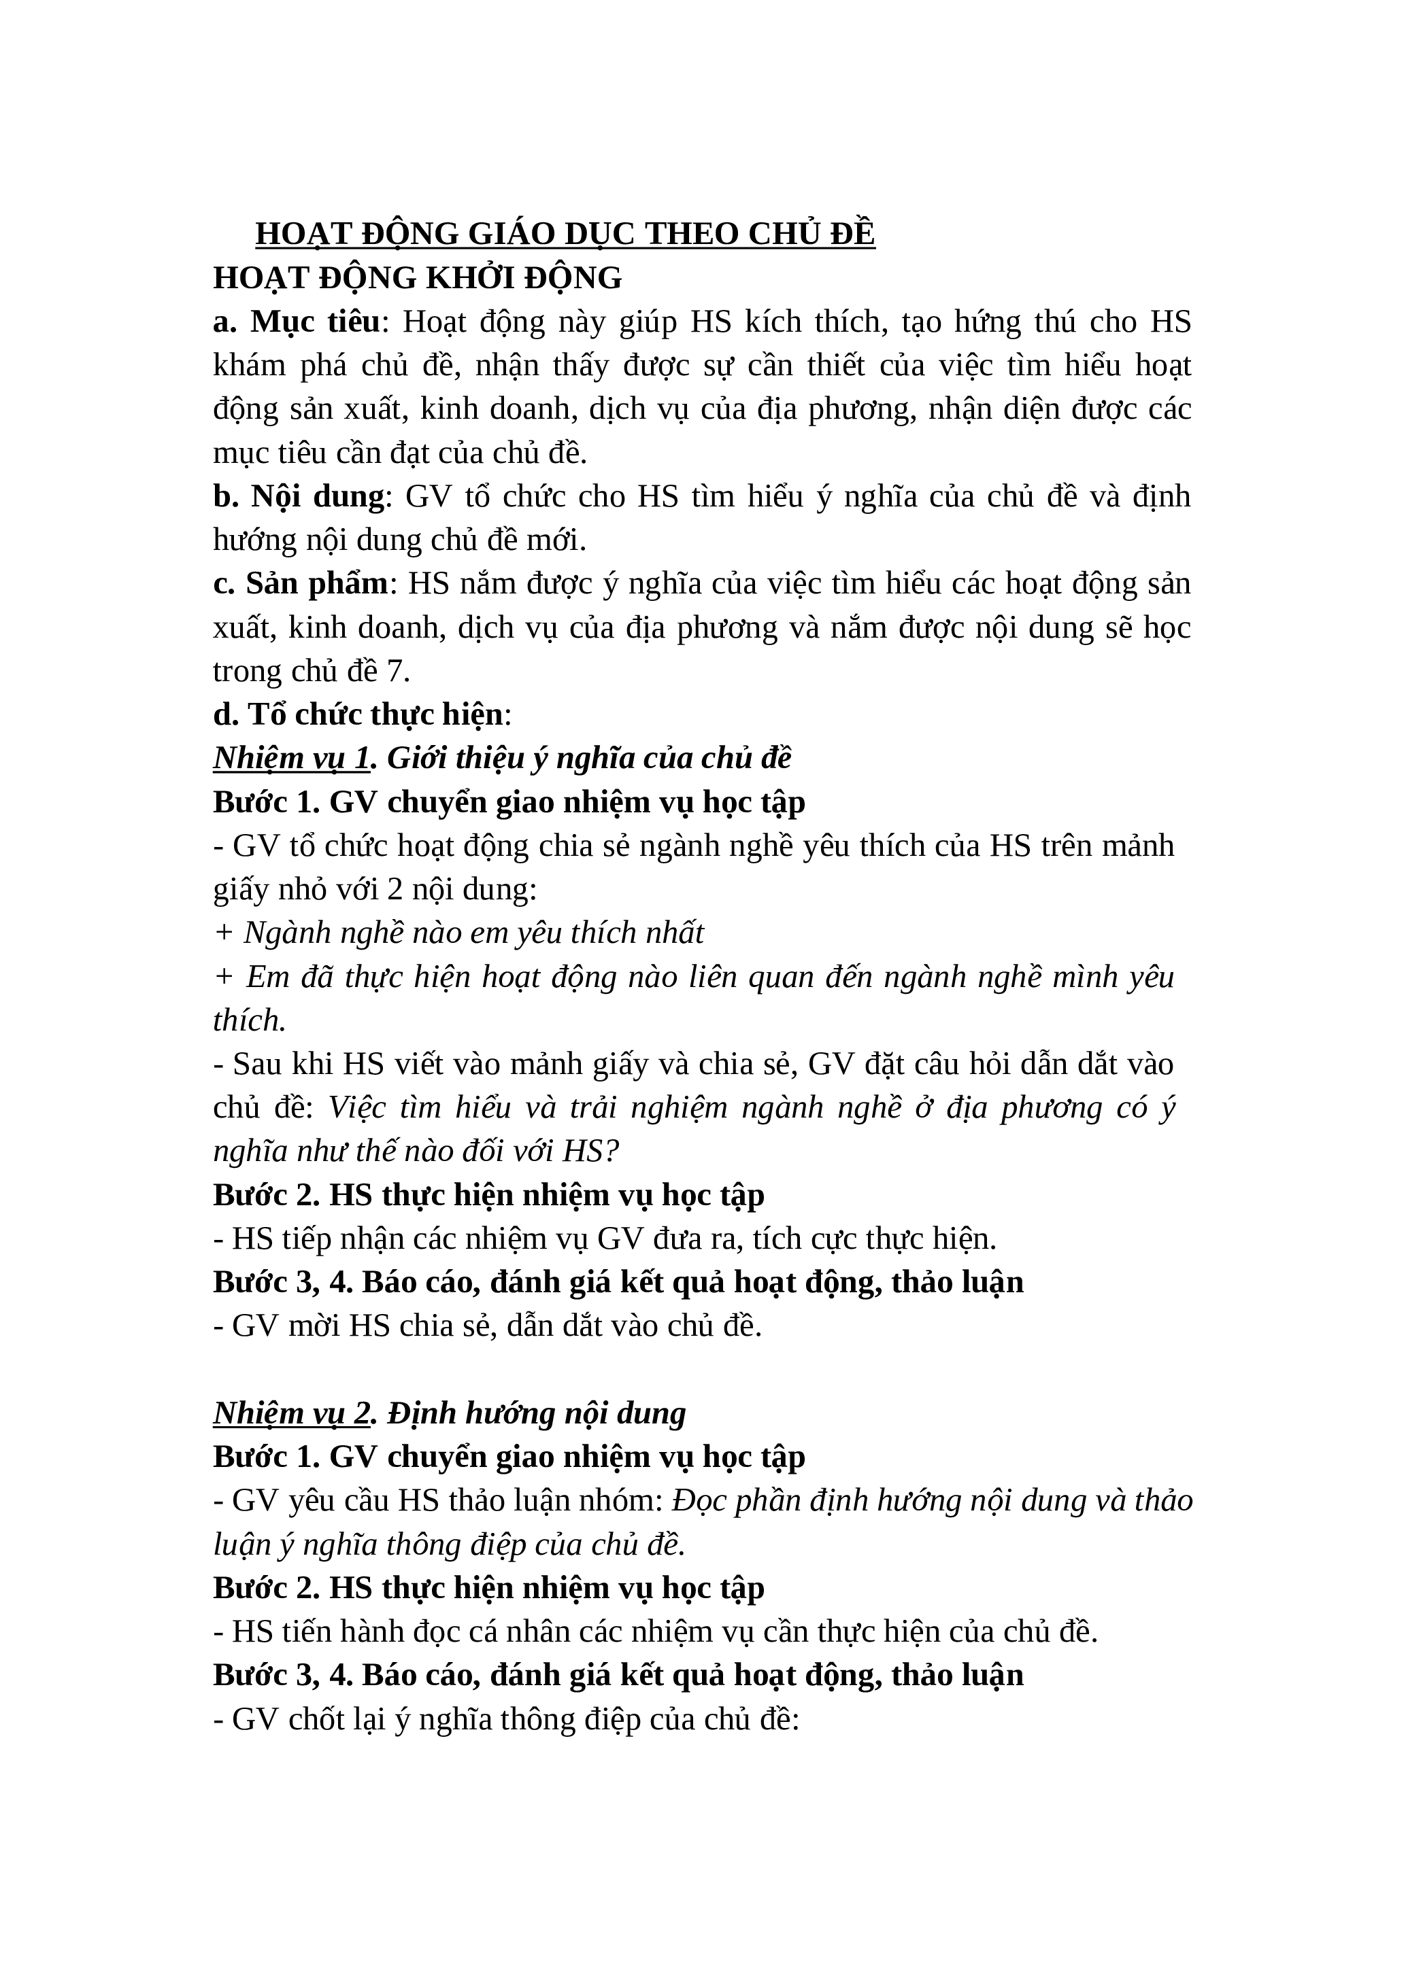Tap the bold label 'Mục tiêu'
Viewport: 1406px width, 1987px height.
click(315, 322)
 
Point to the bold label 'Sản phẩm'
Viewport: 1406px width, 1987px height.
click(317, 583)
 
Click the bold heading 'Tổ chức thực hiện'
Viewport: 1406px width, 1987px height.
click(375, 714)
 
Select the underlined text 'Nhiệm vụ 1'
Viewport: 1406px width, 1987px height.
click(292, 758)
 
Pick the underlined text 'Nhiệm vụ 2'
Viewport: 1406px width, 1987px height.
click(292, 1413)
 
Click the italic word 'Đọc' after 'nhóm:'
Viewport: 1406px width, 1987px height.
click(698, 1501)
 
